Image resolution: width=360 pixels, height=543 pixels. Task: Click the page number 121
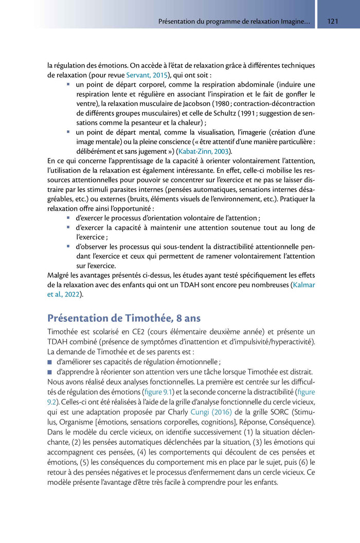332,22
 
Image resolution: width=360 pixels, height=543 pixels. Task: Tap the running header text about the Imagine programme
234,22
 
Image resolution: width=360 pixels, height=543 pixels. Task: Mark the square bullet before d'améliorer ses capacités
50,362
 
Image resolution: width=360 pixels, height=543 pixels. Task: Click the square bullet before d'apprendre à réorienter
50,372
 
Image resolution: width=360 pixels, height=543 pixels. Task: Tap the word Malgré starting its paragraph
58,275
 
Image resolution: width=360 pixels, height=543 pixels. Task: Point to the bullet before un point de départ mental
68,132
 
